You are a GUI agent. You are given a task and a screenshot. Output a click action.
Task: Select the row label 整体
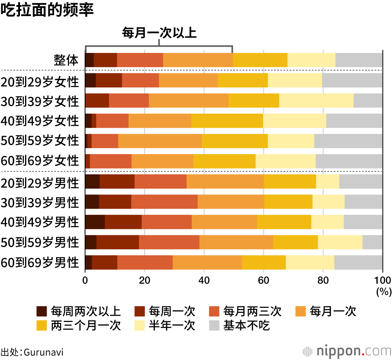pyautogui.click(x=66, y=60)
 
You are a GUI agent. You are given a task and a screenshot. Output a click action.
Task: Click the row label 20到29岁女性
pyautogui.click(x=40, y=80)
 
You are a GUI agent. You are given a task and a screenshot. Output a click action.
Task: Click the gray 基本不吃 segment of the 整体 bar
pyautogui.click(x=359, y=60)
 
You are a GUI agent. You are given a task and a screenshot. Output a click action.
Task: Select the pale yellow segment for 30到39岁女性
pyautogui.click(x=316, y=101)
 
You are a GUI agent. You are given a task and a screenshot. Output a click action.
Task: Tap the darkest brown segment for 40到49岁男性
pyautogui.click(x=94, y=222)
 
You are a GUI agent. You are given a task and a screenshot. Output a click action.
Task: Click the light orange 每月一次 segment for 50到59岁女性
pyautogui.click(x=160, y=141)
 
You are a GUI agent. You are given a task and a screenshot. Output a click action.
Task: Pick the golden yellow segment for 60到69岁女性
pyautogui.click(x=224, y=161)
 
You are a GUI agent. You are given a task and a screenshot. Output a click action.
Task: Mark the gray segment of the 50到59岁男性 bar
pyautogui.click(x=372, y=242)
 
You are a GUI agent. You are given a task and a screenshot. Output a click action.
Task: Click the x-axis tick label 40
pyautogui.click(x=204, y=280)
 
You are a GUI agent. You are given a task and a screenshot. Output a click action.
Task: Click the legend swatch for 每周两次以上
pyautogui.click(x=42, y=311)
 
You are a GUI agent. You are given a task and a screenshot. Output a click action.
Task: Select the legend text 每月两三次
pyautogui.click(x=252, y=311)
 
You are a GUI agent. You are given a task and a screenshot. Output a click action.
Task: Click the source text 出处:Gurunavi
pyautogui.click(x=32, y=351)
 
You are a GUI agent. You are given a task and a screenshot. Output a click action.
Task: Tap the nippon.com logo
pyautogui.click(x=347, y=350)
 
